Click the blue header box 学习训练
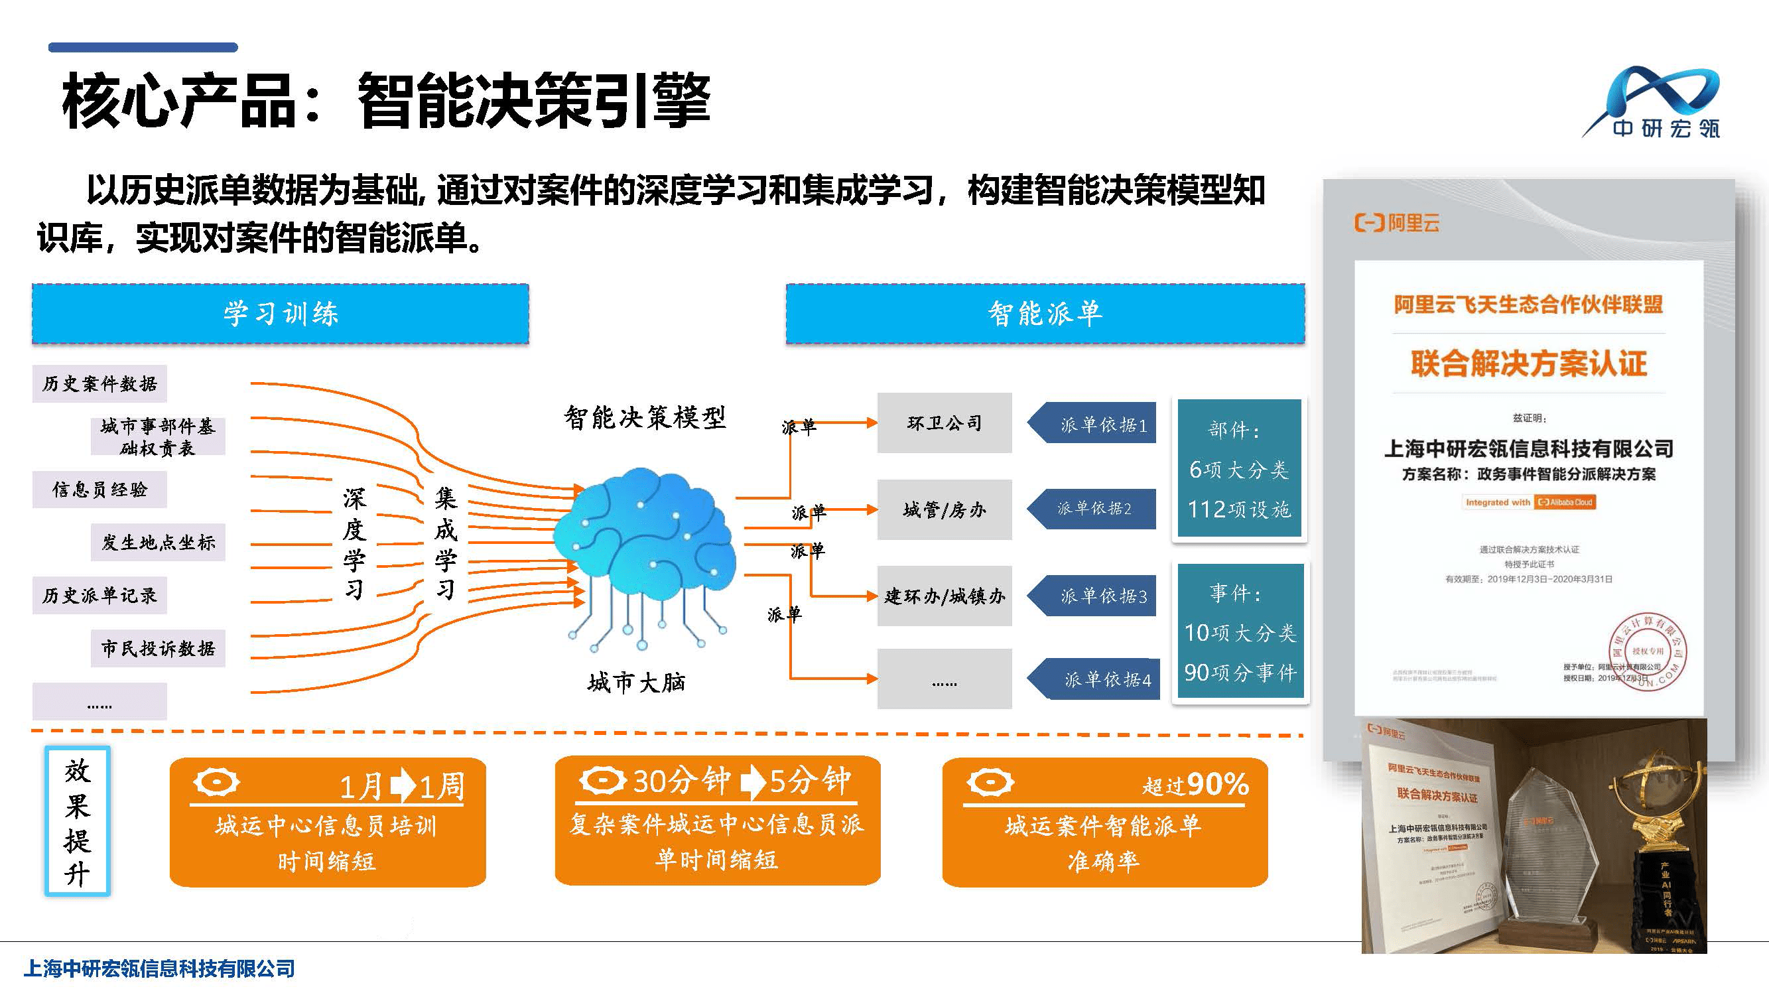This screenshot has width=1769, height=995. (280, 314)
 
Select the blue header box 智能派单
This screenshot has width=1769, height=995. (1045, 314)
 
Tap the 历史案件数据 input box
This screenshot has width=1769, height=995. (99, 384)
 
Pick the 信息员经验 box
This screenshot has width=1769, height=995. (99, 490)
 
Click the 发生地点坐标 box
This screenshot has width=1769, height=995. (158, 543)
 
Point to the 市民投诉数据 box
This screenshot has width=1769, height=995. (158, 648)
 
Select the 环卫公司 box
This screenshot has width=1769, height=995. (945, 423)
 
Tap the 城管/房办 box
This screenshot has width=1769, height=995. (945, 509)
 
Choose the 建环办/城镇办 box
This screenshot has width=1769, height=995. (945, 596)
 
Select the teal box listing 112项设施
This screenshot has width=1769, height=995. (1239, 469)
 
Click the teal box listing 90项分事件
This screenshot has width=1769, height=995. (1240, 631)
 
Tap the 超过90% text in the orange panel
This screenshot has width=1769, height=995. (1195, 784)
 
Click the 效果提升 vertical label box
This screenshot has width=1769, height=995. (78, 821)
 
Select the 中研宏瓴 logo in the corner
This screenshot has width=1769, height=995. (1655, 103)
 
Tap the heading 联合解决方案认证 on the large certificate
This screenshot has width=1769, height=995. (1529, 364)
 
